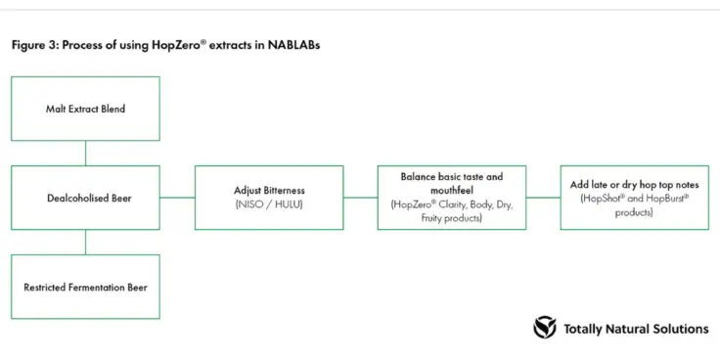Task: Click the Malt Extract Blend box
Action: [x=85, y=109]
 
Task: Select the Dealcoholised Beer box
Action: [x=85, y=198]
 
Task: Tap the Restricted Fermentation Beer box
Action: [x=85, y=287]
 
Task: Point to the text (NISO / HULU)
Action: [x=269, y=204]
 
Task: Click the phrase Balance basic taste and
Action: [x=451, y=177]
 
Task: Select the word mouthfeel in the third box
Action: [x=451, y=191]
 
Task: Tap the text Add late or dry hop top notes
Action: [x=635, y=184]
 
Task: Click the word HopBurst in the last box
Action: [x=660, y=198]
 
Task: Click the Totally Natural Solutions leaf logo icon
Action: [x=545, y=328]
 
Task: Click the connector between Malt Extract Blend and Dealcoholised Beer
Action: [x=85, y=153]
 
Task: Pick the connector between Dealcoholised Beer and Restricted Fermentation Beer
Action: [x=85, y=242]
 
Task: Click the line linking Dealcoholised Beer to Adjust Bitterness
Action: [x=177, y=198]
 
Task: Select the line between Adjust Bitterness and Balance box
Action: [x=360, y=198]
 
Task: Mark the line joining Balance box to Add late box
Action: [x=543, y=198]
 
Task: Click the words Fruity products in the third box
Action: [x=452, y=218]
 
